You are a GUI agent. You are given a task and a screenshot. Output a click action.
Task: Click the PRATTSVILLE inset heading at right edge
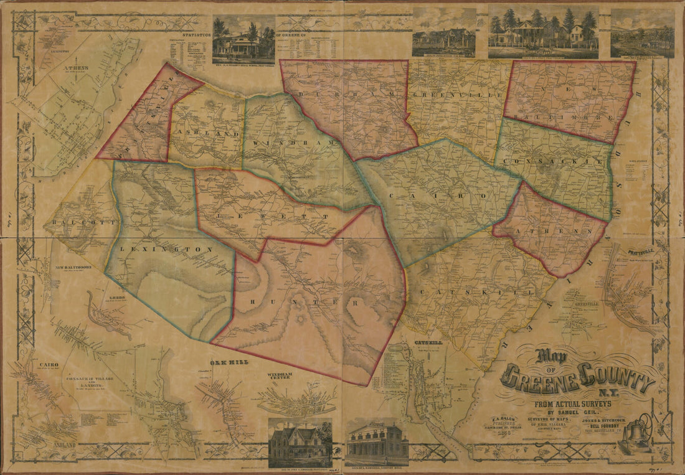point(639,253)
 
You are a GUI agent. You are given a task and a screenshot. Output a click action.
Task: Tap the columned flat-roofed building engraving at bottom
point(377,443)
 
